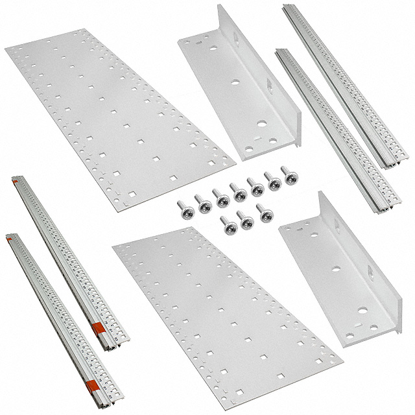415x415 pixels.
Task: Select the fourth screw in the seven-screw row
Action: (x=237, y=192)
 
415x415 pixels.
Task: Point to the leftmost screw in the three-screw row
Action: (x=228, y=225)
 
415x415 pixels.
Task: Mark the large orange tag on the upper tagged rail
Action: (x=99, y=328)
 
